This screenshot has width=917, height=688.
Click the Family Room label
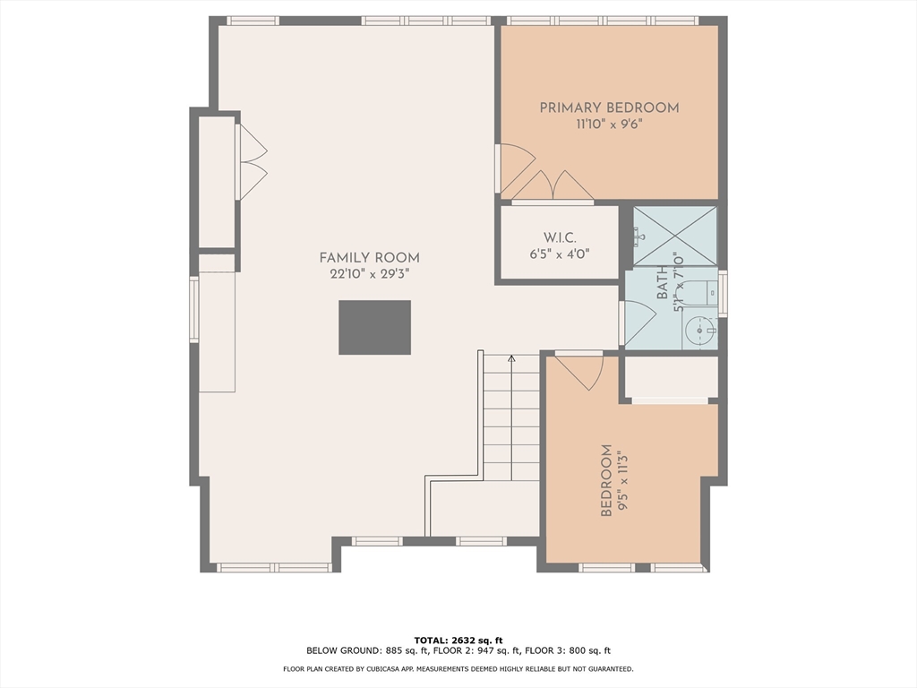[x=369, y=257]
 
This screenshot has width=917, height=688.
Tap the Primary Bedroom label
[x=609, y=107]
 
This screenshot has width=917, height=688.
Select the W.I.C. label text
[x=560, y=237]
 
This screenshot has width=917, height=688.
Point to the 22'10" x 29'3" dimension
[x=369, y=273]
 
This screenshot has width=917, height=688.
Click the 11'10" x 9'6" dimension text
[x=609, y=124]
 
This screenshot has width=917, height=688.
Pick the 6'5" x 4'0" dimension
[x=560, y=254]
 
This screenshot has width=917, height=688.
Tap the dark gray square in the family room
[x=375, y=328]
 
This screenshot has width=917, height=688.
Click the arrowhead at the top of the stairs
[x=511, y=358]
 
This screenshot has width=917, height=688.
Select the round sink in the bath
[x=700, y=331]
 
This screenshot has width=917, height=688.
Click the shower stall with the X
[x=675, y=236]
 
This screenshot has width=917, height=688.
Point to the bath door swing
[x=638, y=322]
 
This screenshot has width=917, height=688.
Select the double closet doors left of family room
[x=252, y=162]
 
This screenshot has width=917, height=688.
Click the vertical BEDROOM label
[x=607, y=480]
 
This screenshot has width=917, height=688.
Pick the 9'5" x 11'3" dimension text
[x=622, y=480]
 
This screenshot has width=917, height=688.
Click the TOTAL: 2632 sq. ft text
[x=458, y=640]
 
